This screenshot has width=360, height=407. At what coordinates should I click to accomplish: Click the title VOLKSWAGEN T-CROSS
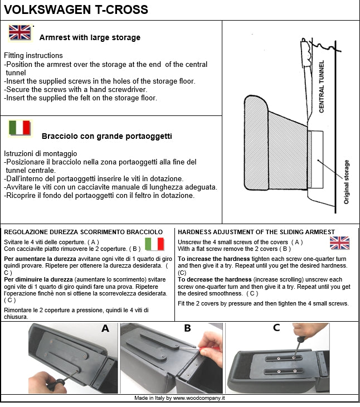tap(76, 9)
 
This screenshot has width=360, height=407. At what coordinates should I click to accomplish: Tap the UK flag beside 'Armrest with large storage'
tap(20, 33)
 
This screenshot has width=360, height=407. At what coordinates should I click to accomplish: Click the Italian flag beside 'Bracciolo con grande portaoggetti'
tap(20, 128)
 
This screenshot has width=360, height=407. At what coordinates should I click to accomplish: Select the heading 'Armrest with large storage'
tap(90, 38)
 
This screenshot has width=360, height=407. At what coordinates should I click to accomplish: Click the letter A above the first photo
tap(105, 328)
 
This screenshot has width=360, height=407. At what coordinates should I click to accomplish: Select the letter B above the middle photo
tap(187, 328)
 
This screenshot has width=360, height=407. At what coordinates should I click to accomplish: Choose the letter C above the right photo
tap(276, 328)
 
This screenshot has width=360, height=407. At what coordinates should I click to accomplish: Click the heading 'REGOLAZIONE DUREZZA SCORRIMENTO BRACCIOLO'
tap(83, 232)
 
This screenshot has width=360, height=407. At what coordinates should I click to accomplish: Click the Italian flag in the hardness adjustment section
tap(154, 244)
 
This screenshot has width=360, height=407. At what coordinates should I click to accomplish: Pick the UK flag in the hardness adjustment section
tap(339, 243)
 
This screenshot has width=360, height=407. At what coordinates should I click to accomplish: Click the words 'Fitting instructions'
tap(33, 56)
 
